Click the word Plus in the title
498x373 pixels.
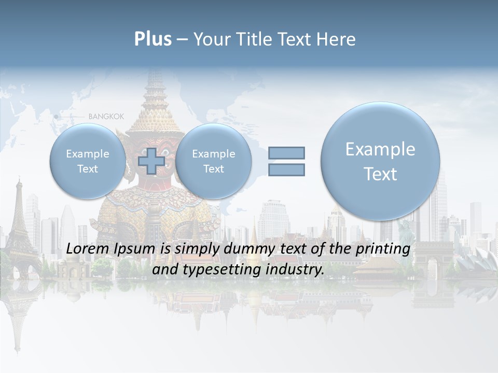153,39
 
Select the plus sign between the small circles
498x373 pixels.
152,161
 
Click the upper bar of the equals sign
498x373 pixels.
286,153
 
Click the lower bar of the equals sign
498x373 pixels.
286,169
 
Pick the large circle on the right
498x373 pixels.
380,161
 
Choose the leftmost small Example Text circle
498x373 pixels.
88,161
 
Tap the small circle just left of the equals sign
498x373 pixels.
213,161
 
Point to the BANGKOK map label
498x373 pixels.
106,117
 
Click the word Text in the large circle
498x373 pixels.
380,174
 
